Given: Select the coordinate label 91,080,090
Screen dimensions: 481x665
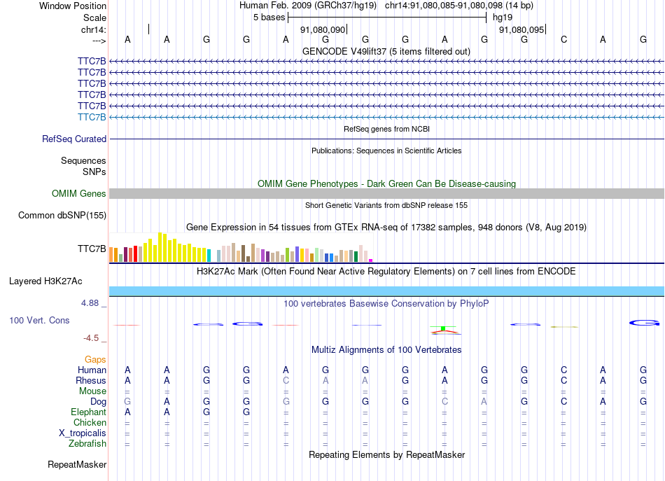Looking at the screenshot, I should coord(323,30).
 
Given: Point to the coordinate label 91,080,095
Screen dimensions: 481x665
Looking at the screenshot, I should coord(521,30).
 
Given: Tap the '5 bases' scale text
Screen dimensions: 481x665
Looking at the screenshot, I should coord(269,17).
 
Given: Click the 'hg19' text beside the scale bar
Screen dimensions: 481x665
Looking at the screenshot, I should coord(503,17).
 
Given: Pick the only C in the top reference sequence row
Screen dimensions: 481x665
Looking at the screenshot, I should coord(563,40).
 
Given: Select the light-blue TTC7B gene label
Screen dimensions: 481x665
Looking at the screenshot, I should coord(92,117).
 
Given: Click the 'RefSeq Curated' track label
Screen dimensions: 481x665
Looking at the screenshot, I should coord(74,139).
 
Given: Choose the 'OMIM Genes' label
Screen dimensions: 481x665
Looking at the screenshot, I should coord(79,193).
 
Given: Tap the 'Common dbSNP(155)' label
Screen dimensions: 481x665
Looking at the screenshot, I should coord(62,216).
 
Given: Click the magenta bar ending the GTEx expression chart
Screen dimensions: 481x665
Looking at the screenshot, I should coord(370,260).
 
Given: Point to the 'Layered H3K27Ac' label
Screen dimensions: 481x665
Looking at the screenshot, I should coord(45,281).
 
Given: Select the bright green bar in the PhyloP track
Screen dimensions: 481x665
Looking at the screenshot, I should coord(443,328).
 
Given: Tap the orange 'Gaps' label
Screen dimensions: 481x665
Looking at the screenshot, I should coord(95,359).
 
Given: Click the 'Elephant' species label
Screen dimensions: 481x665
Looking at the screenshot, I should coord(89,412).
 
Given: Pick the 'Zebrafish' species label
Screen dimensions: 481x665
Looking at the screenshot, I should coord(87,443).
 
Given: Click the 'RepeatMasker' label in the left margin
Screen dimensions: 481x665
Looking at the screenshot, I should coord(77,465).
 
